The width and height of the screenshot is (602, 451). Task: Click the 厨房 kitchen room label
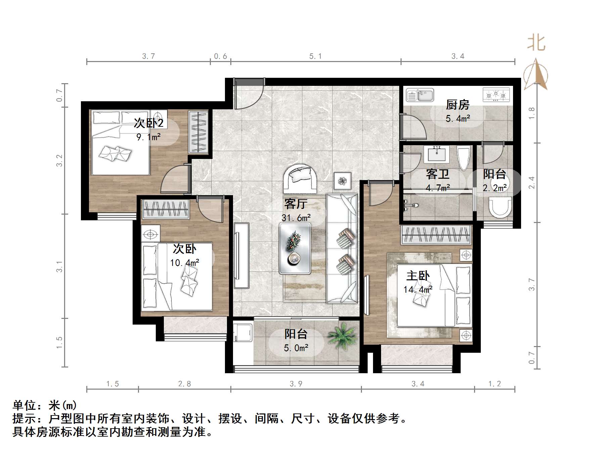pos(457,105)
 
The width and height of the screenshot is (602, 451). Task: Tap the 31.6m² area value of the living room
pos(296,218)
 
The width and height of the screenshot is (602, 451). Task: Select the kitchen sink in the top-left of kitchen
pos(420,95)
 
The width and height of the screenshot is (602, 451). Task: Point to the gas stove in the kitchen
pos(496,95)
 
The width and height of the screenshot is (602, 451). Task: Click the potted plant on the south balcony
pos(342,334)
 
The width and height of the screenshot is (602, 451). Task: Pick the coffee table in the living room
pos(295,248)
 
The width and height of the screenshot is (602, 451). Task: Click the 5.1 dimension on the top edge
pos(315,56)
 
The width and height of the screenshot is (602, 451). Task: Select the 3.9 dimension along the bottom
pos(296,384)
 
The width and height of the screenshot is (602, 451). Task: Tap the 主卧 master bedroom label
pos(418,276)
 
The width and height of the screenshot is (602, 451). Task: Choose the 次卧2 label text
pos(148,123)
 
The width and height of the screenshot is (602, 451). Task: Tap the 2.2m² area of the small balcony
pos(495,188)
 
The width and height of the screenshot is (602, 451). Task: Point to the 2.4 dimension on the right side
pos(531,183)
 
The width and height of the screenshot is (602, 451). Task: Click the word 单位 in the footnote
pos(24,405)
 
